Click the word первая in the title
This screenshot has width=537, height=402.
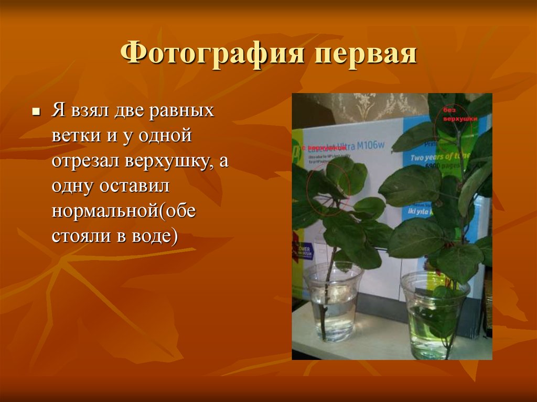[355, 55]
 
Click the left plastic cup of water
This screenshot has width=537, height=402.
[333, 301]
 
